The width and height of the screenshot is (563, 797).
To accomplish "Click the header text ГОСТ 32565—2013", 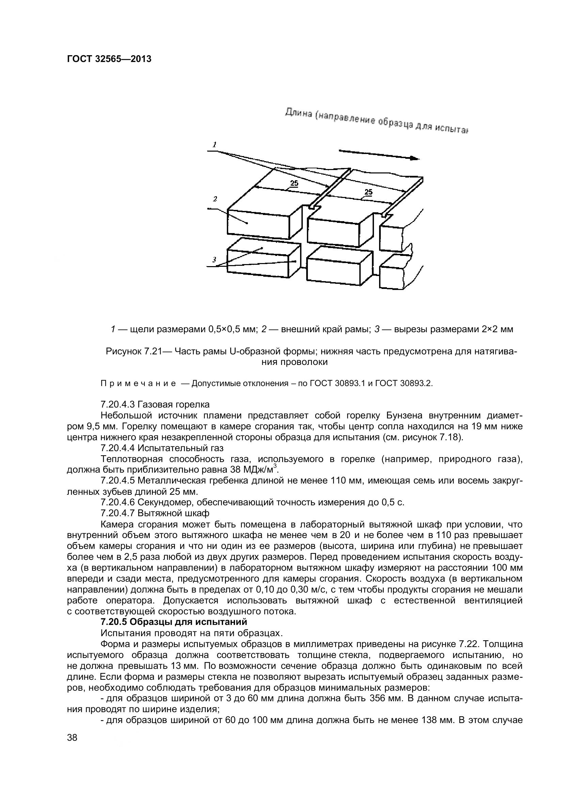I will click(x=109, y=59).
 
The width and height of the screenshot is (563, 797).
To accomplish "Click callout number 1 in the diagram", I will click(x=214, y=144).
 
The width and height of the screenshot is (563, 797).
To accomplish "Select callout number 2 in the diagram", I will click(x=215, y=199).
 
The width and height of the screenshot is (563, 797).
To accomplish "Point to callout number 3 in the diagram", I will click(x=214, y=259).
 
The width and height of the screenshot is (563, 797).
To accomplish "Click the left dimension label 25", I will click(x=294, y=183).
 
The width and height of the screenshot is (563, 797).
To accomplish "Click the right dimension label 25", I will click(x=369, y=192).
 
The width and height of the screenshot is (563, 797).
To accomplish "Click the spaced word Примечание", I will click(x=138, y=384).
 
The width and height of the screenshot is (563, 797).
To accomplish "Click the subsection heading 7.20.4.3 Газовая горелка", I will click(x=155, y=404).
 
